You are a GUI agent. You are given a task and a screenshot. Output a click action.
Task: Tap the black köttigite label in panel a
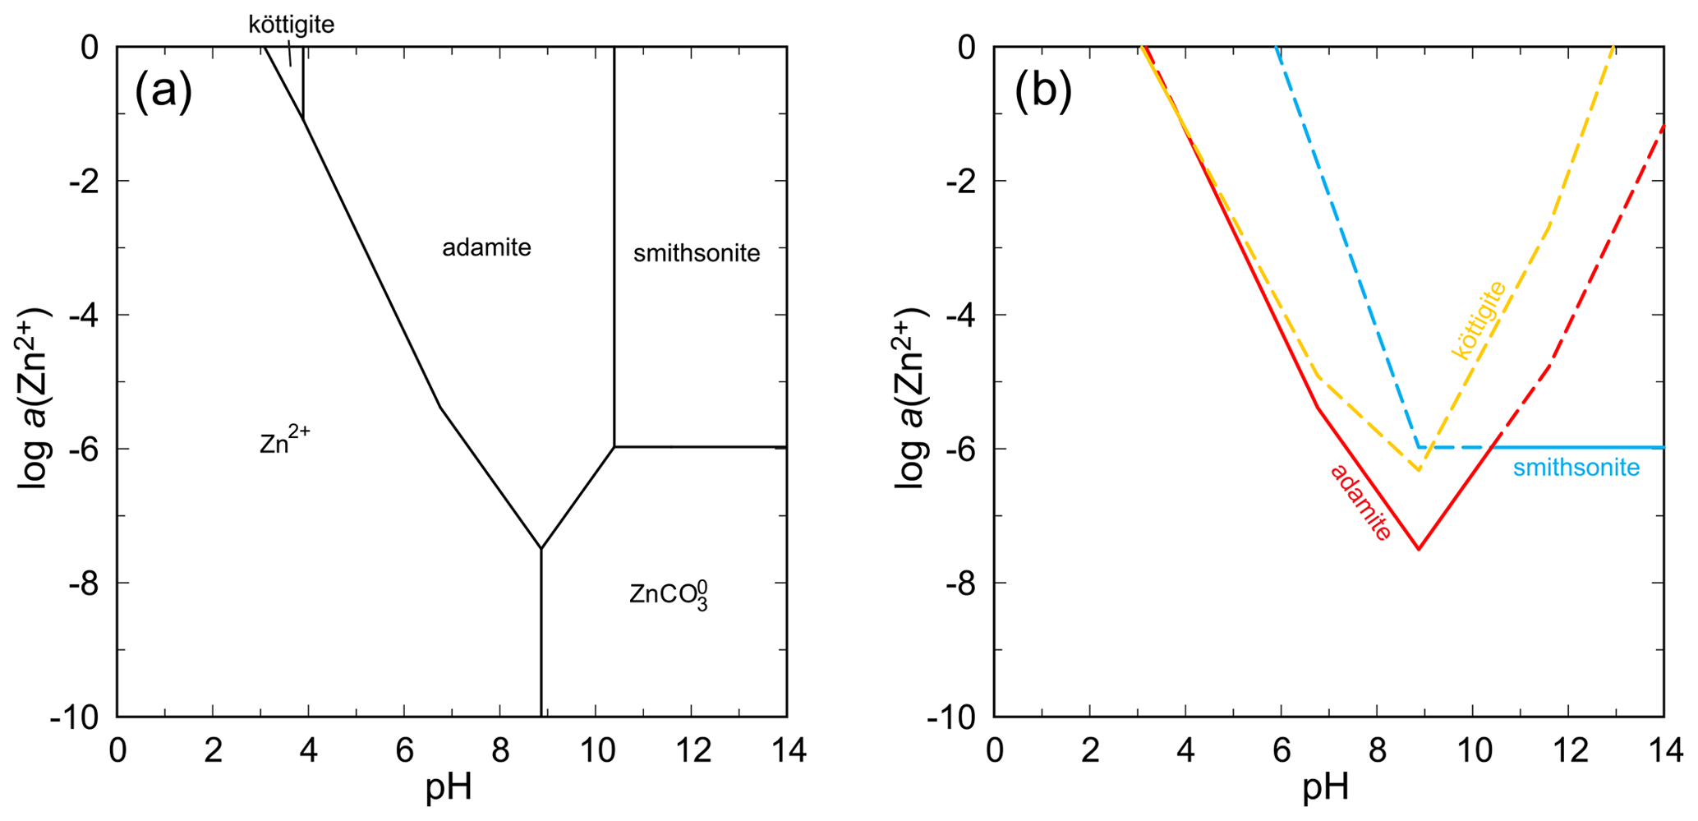pyautogui.click(x=292, y=25)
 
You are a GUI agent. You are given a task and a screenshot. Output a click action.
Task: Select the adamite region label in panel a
pyautogui.click(x=486, y=247)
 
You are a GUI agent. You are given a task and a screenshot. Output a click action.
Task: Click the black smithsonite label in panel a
pyautogui.click(x=697, y=253)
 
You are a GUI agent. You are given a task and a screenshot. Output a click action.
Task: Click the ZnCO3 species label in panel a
pyautogui.click(x=668, y=594)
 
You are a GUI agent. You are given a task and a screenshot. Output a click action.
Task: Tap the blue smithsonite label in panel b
pyautogui.click(x=1576, y=468)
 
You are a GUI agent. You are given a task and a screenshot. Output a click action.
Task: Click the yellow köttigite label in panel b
pyautogui.click(x=1479, y=321)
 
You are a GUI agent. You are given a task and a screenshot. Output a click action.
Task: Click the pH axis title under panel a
pyautogui.click(x=449, y=787)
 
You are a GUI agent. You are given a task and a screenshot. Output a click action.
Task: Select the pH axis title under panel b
pyautogui.click(x=1326, y=787)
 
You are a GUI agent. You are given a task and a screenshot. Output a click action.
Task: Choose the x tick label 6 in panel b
pyautogui.click(x=1282, y=750)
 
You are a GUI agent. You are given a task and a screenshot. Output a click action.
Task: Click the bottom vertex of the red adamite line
pyautogui.click(x=1419, y=549)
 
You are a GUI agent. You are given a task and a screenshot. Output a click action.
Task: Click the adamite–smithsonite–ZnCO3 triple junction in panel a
pyautogui.click(x=614, y=446)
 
